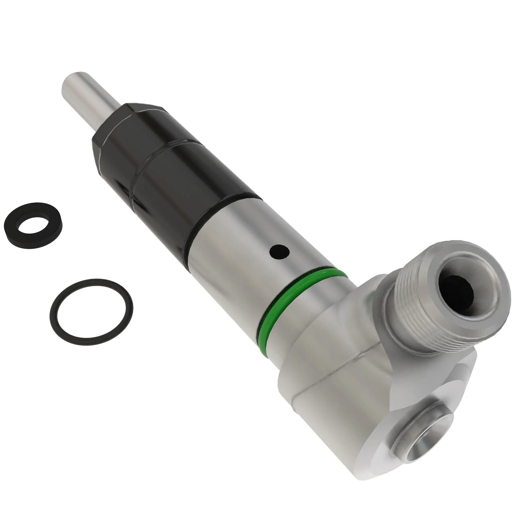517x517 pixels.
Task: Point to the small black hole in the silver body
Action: (x=279, y=252)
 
